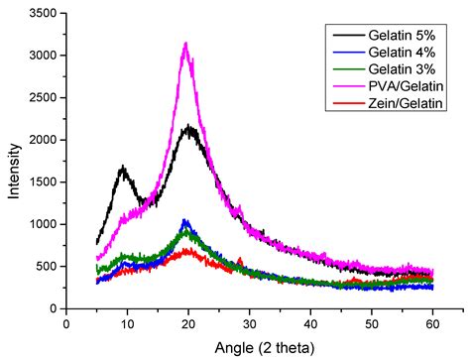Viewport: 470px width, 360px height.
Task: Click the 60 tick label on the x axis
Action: pos(432,322)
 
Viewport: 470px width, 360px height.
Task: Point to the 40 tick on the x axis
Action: pos(309,322)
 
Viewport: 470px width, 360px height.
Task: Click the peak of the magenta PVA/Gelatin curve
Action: pos(185,44)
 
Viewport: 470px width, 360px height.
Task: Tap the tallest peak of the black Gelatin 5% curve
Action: pos(188,126)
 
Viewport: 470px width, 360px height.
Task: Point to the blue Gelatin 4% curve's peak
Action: pos(184,220)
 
